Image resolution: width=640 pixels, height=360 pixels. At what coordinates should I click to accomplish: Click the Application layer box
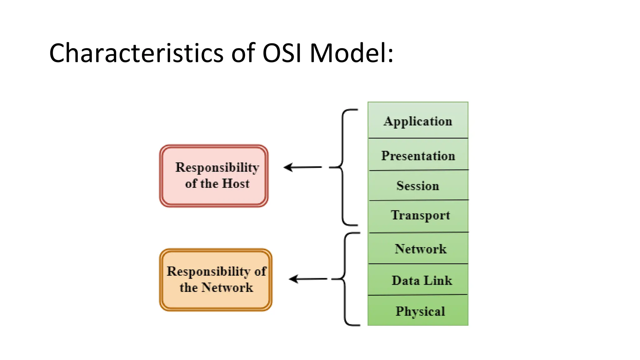pyautogui.click(x=418, y=121)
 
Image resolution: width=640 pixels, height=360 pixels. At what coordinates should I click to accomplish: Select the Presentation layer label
pyautogui.click(x=418, y=156)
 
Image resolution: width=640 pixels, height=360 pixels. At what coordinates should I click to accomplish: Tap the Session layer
pyautogui.click(x=418, y=186)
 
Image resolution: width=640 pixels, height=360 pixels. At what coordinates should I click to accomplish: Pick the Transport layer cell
pyautogui.click(x=420, y=215)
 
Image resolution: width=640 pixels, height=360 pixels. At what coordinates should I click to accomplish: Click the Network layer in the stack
pyautogui.click(x=420, y=249)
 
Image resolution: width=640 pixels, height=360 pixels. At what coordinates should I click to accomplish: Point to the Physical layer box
pyautogui.click(x=420, y=311)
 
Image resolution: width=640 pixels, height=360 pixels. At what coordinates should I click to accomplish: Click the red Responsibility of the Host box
pyautogui.click(x=214, y=176)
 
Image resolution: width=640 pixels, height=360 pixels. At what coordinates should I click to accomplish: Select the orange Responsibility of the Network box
pyautogui.click(x=216, y=280)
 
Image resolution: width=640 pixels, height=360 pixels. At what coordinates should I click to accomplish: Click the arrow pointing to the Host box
pyautogui.click(x=302, y=167)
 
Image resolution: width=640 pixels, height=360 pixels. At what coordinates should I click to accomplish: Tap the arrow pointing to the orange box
pyautogui.click(x=307, y=279)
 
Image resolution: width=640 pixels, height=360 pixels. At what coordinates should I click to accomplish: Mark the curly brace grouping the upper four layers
pyautogui.click(x=343, y=167)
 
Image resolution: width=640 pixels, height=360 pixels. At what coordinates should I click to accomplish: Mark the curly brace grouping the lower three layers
pyautogui.click(x=346, y=279)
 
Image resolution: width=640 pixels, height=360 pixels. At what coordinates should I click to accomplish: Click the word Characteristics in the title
pyautogui.click(x=136, y=53)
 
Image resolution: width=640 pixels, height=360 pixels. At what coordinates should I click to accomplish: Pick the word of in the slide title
pyautogui.click(x=243, y=53)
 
